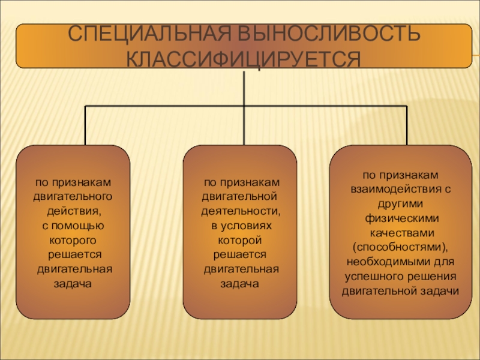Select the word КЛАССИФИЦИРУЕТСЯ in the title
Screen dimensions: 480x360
pos(242,59)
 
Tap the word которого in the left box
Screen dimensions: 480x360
pos(73,240)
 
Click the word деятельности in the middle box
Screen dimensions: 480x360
pos(240,211)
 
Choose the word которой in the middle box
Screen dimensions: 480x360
pos(240,240)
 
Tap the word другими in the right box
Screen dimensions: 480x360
pos(400,203)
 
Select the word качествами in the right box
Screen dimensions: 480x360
pos(400,232)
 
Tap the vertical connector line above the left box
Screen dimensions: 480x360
pos(85,125)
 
